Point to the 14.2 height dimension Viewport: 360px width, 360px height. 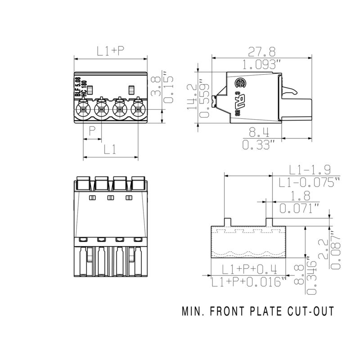[191, 96]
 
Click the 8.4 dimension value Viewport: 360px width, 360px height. [258, 132]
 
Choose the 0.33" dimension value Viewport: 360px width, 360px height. [258, 145]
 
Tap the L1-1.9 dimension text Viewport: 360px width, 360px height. [310, 170]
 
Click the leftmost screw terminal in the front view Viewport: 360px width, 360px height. [84, 109]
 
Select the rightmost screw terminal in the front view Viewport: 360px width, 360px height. [138, 109]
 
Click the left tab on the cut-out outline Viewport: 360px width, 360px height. [227, 221]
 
